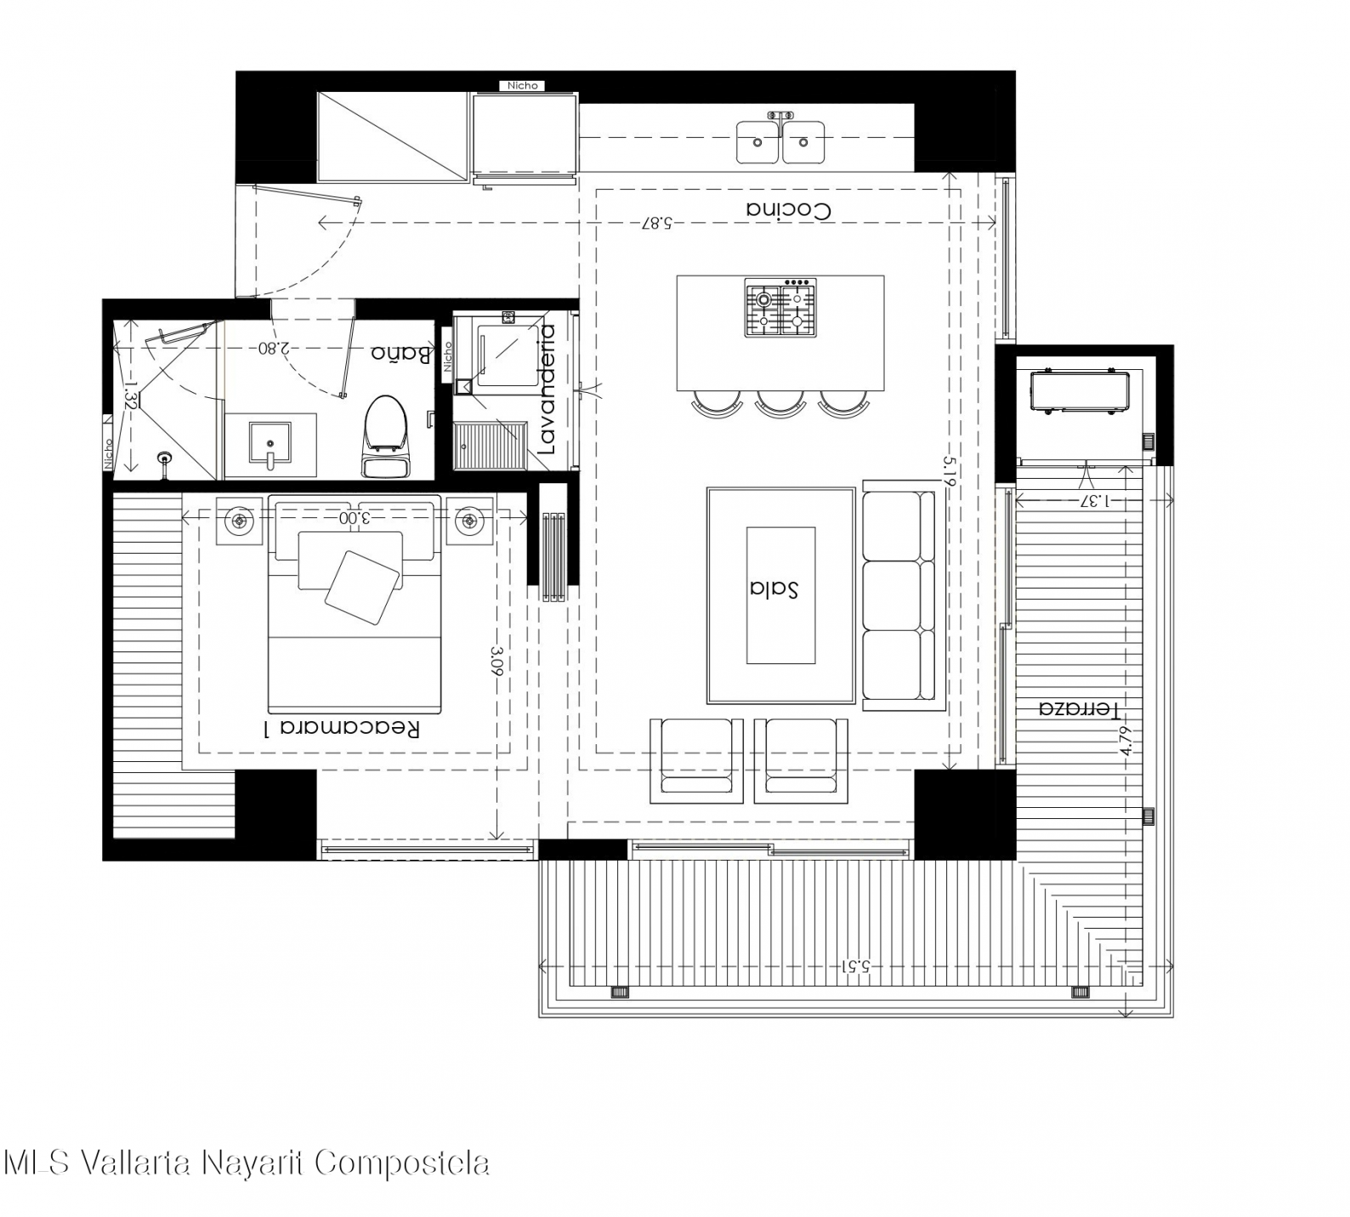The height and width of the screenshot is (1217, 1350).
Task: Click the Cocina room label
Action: pos(788,209)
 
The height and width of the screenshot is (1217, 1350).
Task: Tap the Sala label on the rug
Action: pos(774,589)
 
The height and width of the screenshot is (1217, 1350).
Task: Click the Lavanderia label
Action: pos(547,390)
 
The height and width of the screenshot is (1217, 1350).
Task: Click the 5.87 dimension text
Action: pos(657,223)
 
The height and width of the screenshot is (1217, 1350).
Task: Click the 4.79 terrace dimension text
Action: pos(1127,740)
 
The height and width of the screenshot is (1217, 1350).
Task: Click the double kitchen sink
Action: pos(780,140)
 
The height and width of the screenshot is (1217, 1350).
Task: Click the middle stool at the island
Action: pos(780,403)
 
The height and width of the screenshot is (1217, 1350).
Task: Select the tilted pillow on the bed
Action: pos(363,588)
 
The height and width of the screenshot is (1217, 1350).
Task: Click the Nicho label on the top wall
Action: pos(522,85)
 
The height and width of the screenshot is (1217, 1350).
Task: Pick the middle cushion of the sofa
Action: pos(899,594)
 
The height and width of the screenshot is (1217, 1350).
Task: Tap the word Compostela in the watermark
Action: pos(402,1163)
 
